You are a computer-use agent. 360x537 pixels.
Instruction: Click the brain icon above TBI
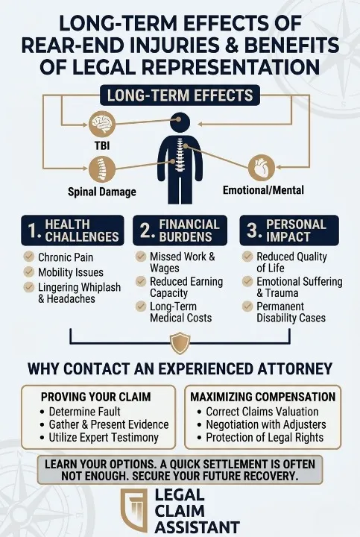(102, 124)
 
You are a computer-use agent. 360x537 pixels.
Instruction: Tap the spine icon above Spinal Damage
(101, 169)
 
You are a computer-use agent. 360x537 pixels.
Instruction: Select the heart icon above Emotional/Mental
(262, 168)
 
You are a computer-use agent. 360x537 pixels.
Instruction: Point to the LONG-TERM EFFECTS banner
(180, 95)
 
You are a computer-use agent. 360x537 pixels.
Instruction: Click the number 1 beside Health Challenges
(34, 230)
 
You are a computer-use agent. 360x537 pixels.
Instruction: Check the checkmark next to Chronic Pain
(29, 257)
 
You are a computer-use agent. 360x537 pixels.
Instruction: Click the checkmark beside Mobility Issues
(29, 271)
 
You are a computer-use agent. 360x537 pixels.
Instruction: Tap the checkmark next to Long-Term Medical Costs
(141, 306)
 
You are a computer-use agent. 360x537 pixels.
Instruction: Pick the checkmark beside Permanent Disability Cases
(247, 306)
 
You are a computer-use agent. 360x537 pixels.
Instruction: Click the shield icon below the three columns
(180, 343)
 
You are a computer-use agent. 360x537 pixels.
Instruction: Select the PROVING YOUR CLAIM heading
(96, 397)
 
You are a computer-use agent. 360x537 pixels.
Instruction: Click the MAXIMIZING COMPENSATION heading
(263, 397)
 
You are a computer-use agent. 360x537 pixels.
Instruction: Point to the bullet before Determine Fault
(42, 412)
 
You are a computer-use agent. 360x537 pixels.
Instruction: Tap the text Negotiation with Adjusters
(266, 424)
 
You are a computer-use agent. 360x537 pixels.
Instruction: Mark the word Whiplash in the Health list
(100, 287)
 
